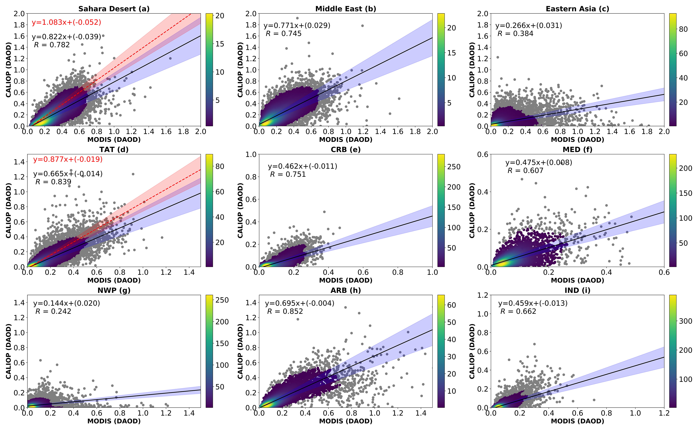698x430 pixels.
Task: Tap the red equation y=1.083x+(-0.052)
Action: click(66, 22)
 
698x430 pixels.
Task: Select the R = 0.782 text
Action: click(52, 45)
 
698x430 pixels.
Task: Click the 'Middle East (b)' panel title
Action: click(346, 9)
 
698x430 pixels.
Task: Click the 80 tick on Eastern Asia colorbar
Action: click(683, 29)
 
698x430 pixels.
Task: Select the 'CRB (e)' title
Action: click(346, 150)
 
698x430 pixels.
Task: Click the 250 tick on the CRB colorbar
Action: click(454, 167)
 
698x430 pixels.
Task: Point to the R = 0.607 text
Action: click(525, 171)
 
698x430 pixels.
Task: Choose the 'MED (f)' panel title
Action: click(577, 150)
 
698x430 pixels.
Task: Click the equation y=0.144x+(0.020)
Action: click(67, 303)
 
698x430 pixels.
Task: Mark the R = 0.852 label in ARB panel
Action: click(285, 311)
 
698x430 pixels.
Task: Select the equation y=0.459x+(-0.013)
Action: click(533, 303)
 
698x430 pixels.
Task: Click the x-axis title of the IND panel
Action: click(577, 421)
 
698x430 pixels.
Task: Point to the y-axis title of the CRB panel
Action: click(240, 210)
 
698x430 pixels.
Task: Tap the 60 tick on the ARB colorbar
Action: click(452, 305)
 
